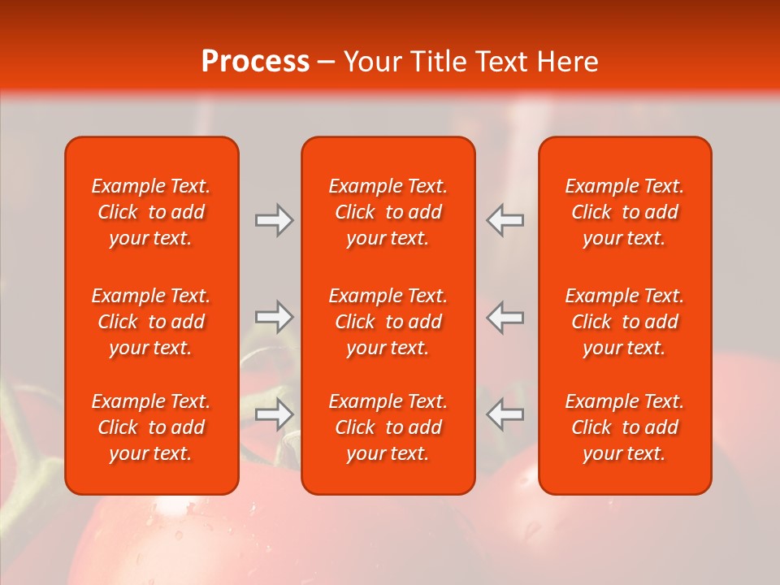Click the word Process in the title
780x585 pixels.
pos(255,62)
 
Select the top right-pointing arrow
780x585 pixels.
pos(274,220)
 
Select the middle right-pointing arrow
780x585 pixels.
pos(274,317)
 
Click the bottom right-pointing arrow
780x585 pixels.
pos(274,414)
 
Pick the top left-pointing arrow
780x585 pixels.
pos(505,220)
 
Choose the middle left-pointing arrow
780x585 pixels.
pos(505,317)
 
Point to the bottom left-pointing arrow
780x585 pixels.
pos(505,414)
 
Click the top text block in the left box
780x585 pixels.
pos(151,212)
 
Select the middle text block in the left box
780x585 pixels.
pos(151,322)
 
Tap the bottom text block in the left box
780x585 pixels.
pos(151,427)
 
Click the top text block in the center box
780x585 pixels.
pos(388,212)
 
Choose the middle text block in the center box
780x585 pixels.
pos(388,322)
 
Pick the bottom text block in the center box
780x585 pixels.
pos(388,427)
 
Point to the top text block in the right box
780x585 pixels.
pos(625,212)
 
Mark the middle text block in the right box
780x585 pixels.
pos(625,322)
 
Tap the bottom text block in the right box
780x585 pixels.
pos(625,427)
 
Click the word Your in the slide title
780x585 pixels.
pos(371,62)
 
